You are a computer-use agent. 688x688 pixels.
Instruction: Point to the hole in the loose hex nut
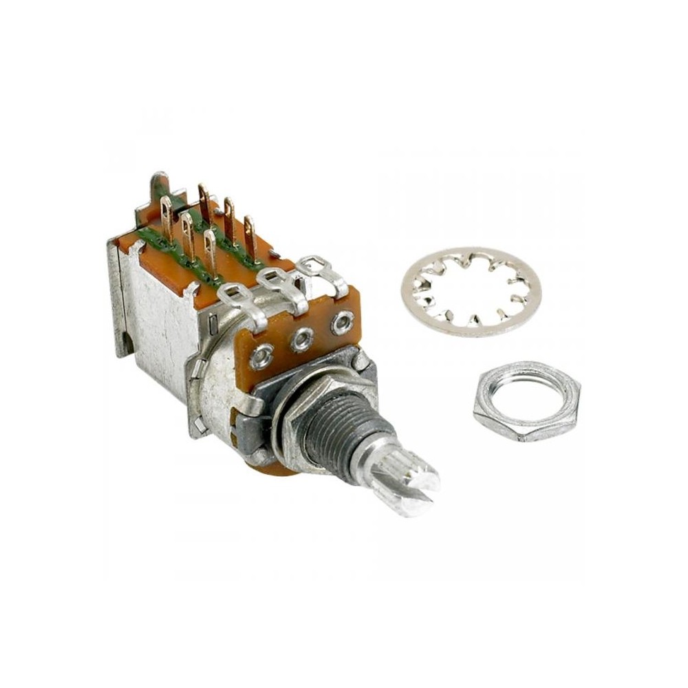[x=526, y=399]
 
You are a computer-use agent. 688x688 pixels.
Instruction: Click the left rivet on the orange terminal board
[x=261, y=356]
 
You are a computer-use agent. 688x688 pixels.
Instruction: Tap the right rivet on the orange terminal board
[x=342, y=322]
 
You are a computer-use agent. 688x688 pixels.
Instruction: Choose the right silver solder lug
[x=322, y=269]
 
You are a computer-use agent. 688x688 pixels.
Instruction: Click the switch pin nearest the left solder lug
[x=211, y=251]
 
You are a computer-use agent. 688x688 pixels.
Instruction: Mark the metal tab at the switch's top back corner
[x=160, y=184]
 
